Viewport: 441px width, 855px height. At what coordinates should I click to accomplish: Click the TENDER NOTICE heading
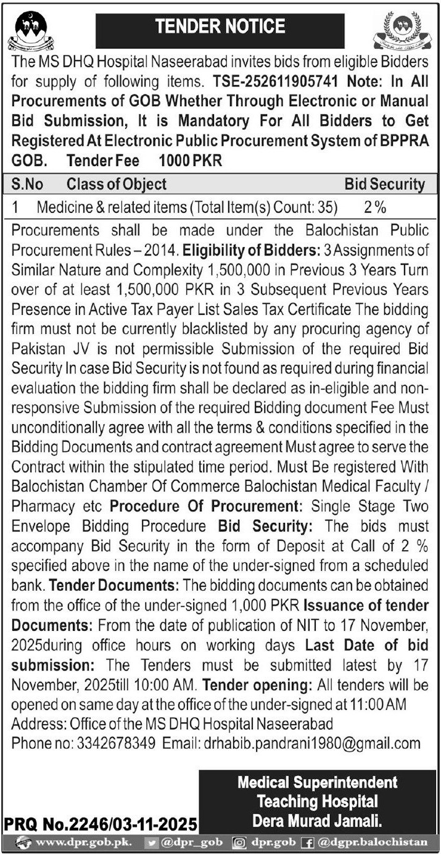point(220,27)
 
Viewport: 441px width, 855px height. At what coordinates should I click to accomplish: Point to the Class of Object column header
point(117,184)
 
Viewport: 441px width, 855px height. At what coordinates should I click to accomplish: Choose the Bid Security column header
point(384,184)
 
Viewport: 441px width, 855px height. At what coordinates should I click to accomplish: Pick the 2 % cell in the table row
point(375,209)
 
